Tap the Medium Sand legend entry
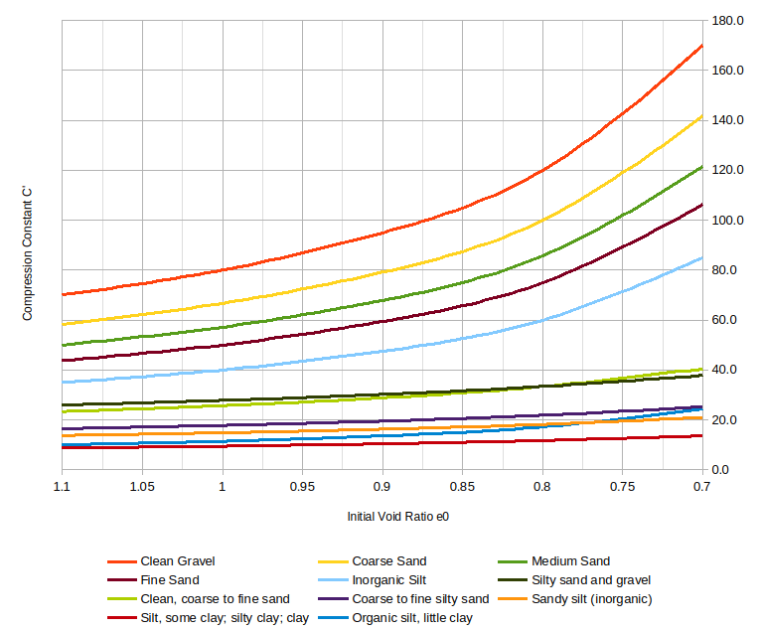tap(570, 561)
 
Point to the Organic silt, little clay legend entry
tap(412, 618)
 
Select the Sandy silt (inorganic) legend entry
tap(591, 599)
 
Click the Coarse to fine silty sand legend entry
tap(420, 599)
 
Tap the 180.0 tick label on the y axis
tap(728, 21)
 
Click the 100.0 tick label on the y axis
tap(728, 221)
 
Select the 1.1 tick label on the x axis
tap(62, 487)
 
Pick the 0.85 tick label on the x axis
tap(462, 487)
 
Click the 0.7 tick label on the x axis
tap(701, 487)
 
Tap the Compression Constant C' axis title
tap(28, 259)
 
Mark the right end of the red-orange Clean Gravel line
tap(702, 45)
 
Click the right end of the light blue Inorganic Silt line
tap(702, 257)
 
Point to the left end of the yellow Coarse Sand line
tap(62, 324)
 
